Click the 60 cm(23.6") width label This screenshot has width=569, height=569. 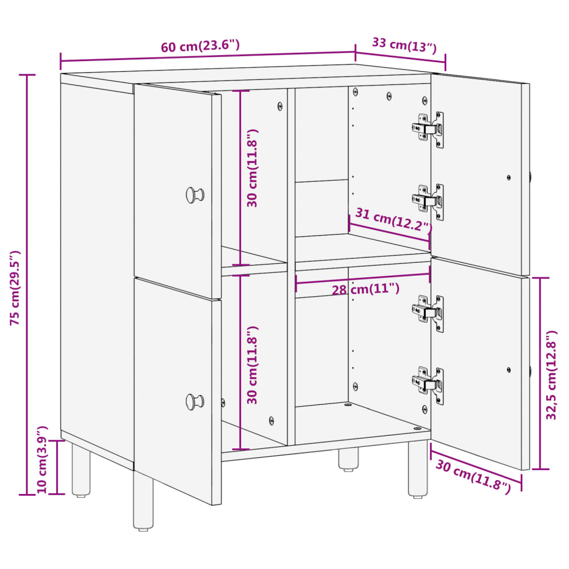coord(201,46)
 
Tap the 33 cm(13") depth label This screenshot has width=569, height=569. coord(403,44)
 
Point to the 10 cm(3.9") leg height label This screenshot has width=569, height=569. coord(42,460)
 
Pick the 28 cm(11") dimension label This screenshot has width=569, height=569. coord(365,290)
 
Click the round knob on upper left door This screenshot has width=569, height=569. coord(194,195)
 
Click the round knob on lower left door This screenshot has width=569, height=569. coord(194,401)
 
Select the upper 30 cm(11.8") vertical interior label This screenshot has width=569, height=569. coord(253,168)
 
